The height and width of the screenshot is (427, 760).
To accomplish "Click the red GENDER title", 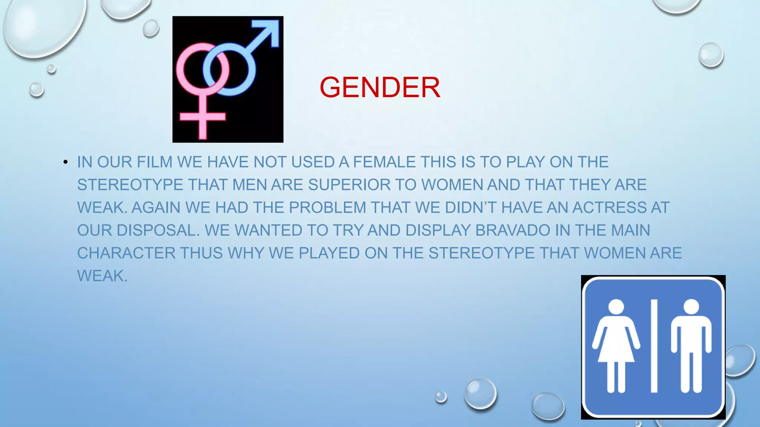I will pos(380,87).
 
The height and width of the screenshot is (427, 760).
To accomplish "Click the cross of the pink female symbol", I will pos(202,117).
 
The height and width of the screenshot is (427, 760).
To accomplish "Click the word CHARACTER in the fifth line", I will pos(126,253).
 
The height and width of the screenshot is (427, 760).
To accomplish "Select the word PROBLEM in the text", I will pos(327,208).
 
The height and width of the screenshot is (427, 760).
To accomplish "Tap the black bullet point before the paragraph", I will pos(65,162).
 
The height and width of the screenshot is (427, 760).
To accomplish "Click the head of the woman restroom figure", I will pos(616,307).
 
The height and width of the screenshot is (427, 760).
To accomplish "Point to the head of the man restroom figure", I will pos(691,307).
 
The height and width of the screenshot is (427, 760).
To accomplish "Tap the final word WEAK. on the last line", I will pos(102,276).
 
